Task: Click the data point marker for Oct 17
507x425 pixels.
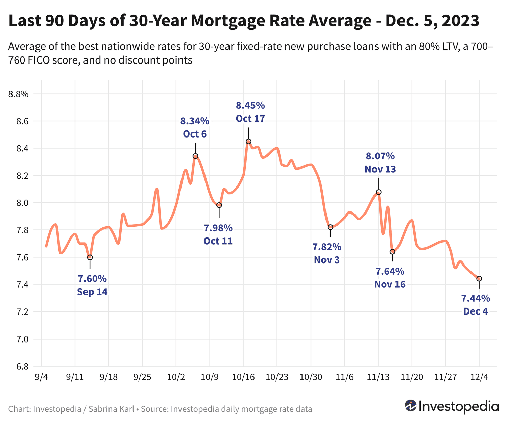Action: tap(248, 141)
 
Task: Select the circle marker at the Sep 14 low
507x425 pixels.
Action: tap(90, 257)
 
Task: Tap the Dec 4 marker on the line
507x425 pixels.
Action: tap(479, 279)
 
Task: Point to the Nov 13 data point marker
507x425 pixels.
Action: tap(378, 192)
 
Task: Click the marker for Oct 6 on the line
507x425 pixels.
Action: tap(195, 156)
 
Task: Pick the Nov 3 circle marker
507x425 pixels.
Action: tap(330, 227)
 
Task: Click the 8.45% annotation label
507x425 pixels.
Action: tap(250, 106)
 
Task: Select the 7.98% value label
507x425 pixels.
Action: tap(218, 228)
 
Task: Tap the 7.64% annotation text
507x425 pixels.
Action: tap(390, 271)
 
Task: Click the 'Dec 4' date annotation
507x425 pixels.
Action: tap(476, 311)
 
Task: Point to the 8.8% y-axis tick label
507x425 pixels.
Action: tap(19, 94)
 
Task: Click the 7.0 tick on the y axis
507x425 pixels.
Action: tap(22, 339)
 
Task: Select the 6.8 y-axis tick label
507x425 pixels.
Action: tap(22, 366)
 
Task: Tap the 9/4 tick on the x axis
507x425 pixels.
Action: tap(41, 377)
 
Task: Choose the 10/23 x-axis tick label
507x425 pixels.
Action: tap(277, 377)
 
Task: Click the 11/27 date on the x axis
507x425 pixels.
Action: tap(445, 377)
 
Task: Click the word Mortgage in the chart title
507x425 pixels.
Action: tap(228, 21)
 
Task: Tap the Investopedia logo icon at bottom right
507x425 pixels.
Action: tap(411, 406)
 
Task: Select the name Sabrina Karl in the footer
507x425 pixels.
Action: tap(111, 409)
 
